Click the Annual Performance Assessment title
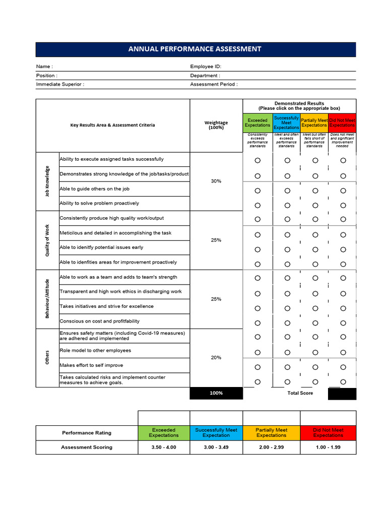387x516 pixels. pos(195,49)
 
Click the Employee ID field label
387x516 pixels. pos(206,67)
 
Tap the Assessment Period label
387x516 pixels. pos(214,84)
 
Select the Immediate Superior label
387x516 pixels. pos(60,84)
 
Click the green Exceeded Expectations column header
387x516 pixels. pos(257,122)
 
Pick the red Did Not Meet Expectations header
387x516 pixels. pos(342,122)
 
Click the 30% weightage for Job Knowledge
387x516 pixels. pos(216,181)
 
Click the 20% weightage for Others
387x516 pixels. pos(216,357)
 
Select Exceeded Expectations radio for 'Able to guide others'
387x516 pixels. pos(257,190)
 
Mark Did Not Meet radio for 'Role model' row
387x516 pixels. pos(343,352)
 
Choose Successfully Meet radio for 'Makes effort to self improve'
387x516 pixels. pos(287,366)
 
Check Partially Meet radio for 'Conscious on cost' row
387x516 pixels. pos(315,322)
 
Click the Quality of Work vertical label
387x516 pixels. pos(47,240)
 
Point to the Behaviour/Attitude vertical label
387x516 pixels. pos(47,298)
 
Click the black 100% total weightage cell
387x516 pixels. pos(216,393)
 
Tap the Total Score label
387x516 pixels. pos(300,393)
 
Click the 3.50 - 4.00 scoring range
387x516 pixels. pos(164,447)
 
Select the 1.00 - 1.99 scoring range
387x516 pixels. pos(328,447)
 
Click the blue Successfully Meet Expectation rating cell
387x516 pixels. pos(216,432)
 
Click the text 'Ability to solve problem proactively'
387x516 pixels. pos(99,203)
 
